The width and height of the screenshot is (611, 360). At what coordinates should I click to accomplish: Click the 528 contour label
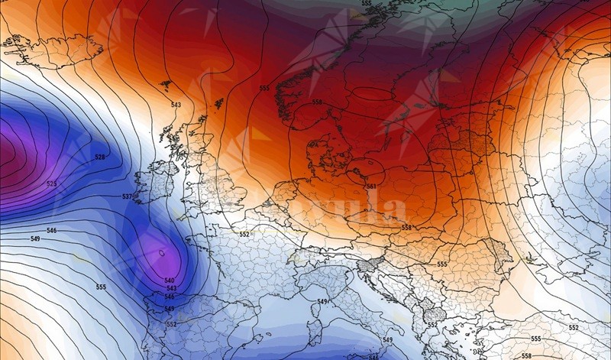pos(100,157)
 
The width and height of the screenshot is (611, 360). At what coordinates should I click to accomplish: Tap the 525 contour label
pos(52,184)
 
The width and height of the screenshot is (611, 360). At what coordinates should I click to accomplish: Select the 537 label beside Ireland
pos(128,197)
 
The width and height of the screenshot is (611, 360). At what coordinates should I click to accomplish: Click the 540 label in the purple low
pos(170,280)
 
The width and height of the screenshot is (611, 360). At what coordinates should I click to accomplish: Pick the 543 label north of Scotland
pos(176,105)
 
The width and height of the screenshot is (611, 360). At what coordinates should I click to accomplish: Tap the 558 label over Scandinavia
pos(318,102)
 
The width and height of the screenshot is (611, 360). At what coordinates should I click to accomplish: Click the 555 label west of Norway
pos(264,89)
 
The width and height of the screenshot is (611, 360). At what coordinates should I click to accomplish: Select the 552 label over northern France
pos(245,234)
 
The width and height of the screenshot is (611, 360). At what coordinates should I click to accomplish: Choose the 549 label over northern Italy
pos(322,302)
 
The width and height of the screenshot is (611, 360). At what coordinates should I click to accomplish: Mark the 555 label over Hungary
pos(442,264)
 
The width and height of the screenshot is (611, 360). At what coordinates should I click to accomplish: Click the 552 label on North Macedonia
pos(432,325)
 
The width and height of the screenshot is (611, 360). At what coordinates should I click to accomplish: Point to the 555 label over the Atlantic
pos(101,287)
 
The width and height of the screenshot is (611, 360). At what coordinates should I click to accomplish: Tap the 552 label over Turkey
pos(574,327)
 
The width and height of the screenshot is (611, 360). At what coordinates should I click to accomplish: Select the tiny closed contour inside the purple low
pos(162,251)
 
